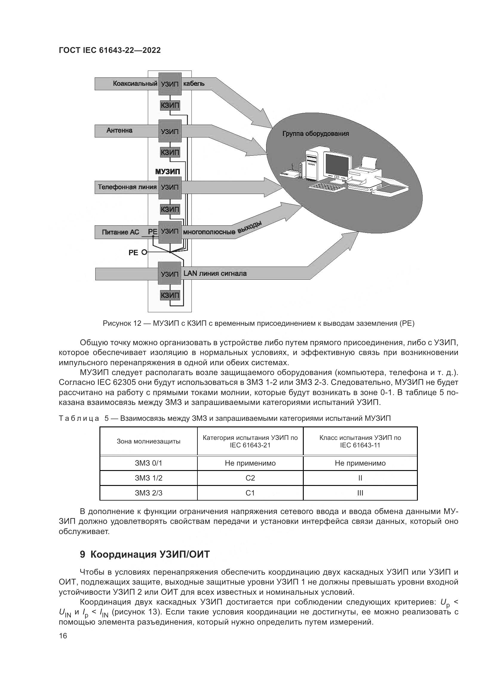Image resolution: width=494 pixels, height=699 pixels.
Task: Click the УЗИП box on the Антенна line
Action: (x=170, y=131)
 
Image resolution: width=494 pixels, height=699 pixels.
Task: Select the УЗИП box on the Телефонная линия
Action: (x=170, y=187)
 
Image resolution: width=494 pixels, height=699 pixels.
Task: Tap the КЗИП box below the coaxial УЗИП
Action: (x=170, y=105)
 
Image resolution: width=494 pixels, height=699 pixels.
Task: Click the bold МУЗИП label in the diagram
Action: (x=167, y=172)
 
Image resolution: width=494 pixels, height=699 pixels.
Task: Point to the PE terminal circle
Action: (x=144, y=252)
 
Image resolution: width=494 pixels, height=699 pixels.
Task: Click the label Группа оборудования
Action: (x=315, y=134)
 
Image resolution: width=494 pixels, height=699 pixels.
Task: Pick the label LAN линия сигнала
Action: (x=215, y=273)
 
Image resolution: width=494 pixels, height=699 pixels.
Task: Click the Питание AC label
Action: (x=120, y=232)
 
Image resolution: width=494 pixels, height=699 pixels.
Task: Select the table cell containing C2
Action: (x=250, y=478)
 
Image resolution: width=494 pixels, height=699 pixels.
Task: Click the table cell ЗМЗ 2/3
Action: (x=148, y=493)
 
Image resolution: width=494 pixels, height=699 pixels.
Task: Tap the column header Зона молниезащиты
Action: (x=148, y=441)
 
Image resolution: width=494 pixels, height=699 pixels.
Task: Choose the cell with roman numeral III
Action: (x=360, y=493)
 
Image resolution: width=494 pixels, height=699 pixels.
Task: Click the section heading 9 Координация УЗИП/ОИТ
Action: (x=145, y=554)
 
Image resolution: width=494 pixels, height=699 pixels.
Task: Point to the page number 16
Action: (x=63, y=635)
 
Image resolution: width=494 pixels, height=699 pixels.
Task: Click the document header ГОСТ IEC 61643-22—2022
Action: (x=110, y=50)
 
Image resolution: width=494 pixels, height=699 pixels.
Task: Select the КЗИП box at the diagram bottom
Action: (x=170, y=295)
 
